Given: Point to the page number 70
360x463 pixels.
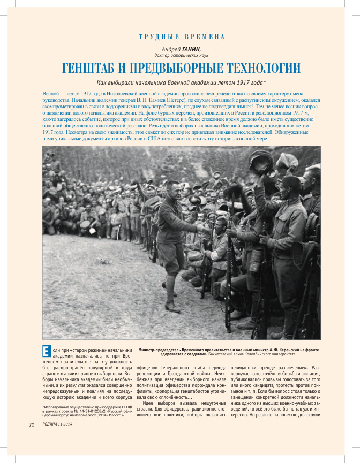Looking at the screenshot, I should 31,424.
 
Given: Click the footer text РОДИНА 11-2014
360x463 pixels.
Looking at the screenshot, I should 57,424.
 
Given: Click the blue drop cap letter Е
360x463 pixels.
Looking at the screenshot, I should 47,352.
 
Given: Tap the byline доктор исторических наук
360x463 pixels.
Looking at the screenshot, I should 181,55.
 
